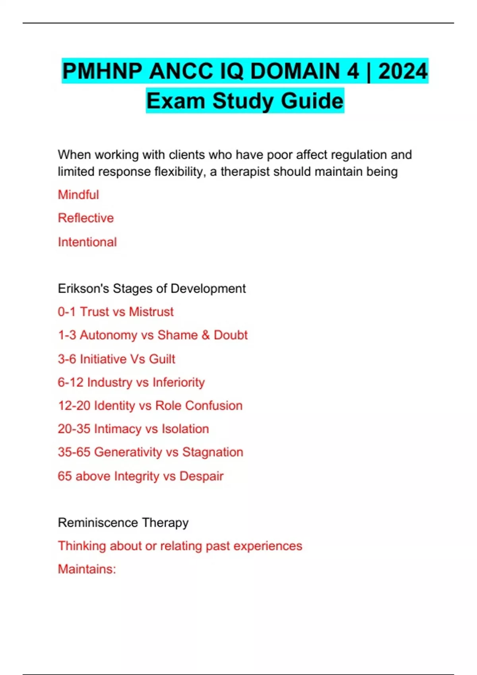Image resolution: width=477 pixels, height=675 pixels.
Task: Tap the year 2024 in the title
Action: [x=403, y=71]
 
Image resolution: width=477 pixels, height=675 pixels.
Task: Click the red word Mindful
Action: [x=78, y=195]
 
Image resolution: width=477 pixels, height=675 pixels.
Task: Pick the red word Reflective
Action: [x=86, y=218]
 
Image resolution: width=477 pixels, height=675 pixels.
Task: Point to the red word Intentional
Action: [x=87, y=242]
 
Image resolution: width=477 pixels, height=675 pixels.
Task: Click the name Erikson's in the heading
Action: [x=83, y=288]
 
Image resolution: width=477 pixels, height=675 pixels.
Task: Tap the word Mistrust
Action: [x=151, y=312]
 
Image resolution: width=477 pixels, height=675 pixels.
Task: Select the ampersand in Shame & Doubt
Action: [x=206, y=335]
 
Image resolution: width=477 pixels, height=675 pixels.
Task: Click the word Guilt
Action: [x=162, y=359]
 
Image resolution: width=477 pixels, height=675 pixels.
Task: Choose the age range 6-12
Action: [x=70, y=382]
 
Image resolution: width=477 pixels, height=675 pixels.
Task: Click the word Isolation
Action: [x=185, y=429]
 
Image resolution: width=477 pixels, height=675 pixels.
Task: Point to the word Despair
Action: [x=202, y=476]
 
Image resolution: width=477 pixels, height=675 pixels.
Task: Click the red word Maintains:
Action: [x=87, y=569]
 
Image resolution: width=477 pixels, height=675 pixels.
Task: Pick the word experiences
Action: [x=268, y=546]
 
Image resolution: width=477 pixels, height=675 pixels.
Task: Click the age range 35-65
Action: [x=74, y=452]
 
